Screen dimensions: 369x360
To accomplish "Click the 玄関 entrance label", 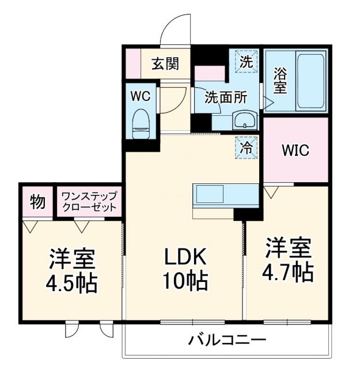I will click(x=165, y=63).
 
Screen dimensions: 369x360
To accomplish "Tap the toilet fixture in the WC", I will click(x=141, y=123).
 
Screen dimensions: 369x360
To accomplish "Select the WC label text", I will click(x=141, y=96).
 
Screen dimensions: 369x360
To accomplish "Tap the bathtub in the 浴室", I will click(x=310, y=81).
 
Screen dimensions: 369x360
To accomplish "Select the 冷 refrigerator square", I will click(x=246, y=147).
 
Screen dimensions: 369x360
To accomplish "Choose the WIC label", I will click(x=295, y=150).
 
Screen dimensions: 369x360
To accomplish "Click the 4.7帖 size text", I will click(x=288, y=270).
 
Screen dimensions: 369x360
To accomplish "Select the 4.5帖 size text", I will click(x=72, y=283).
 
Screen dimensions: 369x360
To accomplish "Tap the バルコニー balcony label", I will click(x=227, y=340).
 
